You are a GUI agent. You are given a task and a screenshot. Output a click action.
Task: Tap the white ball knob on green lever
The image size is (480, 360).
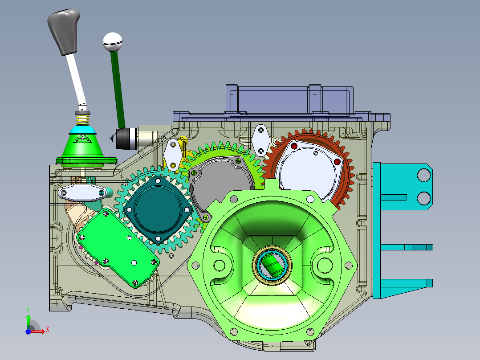click(112, 41)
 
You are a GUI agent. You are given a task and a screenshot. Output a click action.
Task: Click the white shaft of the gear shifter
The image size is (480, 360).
click(76, 80)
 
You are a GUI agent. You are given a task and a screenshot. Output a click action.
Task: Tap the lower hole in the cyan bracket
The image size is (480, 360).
click(423, 197)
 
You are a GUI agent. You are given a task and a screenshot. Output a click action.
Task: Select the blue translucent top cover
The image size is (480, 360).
click(289, 100)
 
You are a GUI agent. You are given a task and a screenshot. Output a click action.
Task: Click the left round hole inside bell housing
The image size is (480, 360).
click(220, 265)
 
